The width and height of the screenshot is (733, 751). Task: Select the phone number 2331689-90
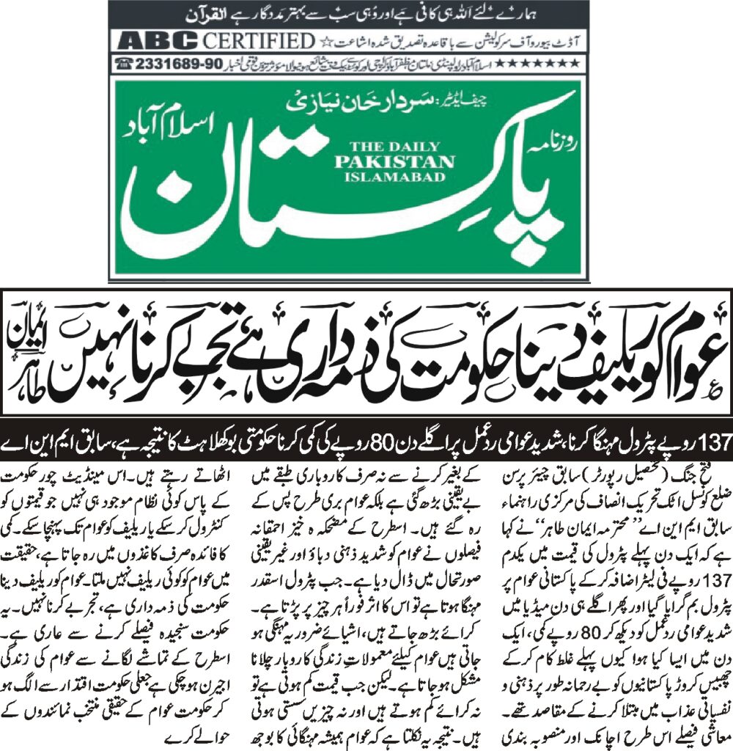tap(169, 64)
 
